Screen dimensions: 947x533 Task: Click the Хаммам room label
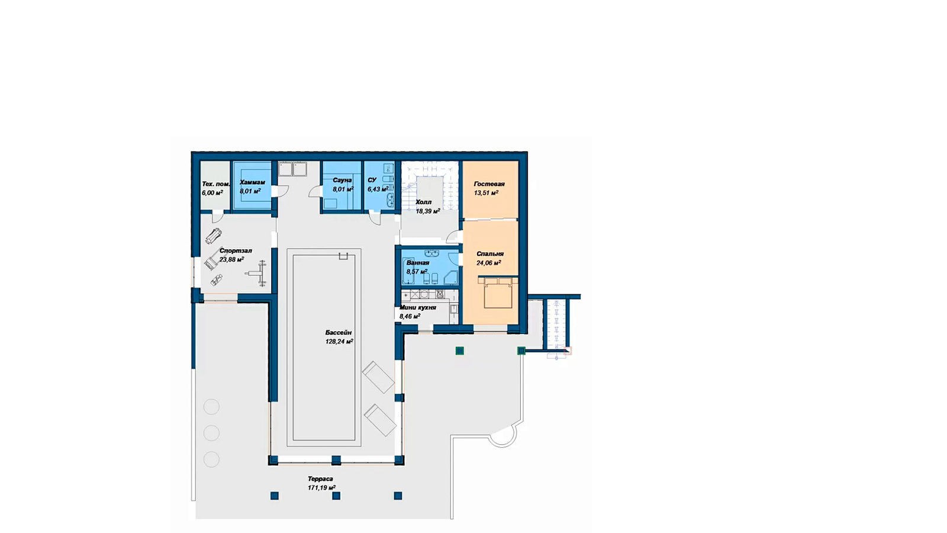point(252,182)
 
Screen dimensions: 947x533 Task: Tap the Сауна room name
point(342,180)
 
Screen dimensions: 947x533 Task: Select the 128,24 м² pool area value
point(339,341)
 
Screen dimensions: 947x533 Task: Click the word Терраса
point(320,479)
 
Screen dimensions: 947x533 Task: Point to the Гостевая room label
point(489,184)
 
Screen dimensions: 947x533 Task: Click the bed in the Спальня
point(498,293)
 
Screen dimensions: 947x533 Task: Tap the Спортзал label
point(236,251)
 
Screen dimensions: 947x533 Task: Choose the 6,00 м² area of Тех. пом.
point(212,192)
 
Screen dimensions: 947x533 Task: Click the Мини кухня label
point(418,307)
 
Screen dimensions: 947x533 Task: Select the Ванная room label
point(418,263)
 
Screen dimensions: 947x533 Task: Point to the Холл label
point(424,202)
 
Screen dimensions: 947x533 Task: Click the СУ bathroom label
point(372,180)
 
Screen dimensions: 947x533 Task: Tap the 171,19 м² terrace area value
point(322,488)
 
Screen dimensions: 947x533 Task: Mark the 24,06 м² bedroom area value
point(489,263)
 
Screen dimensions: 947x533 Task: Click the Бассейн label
point(338,332)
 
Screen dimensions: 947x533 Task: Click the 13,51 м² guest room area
point(486,193)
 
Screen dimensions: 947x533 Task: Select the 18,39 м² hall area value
point(428,211)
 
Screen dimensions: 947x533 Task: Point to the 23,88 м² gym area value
point(231,260)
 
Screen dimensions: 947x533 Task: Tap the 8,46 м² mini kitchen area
point(410,316)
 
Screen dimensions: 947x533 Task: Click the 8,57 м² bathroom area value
point(417,272)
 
